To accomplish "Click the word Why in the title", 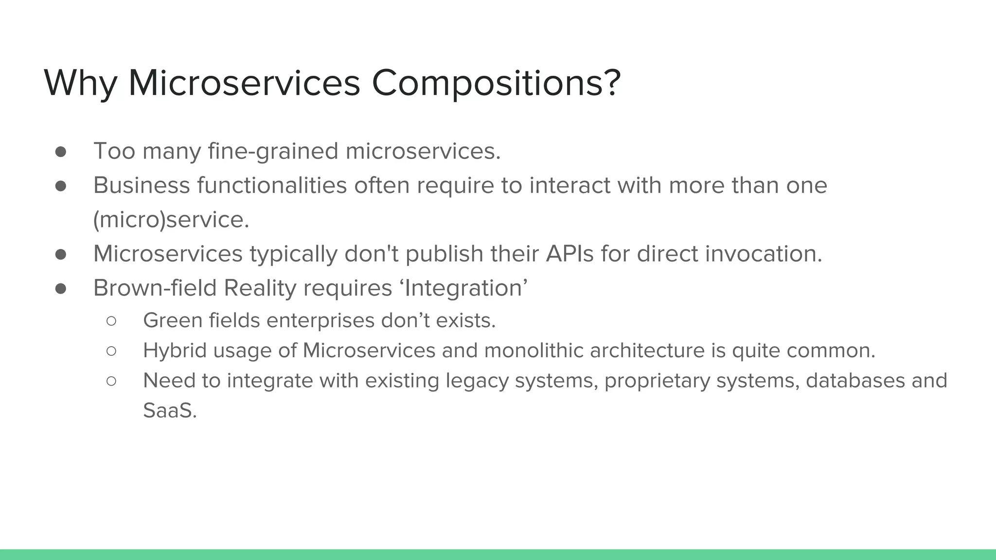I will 80,84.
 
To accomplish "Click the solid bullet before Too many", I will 61,152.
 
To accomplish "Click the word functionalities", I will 272,186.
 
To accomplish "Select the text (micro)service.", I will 171,220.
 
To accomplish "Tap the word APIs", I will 569,254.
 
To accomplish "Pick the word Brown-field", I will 155,288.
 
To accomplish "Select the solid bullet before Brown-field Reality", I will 61,289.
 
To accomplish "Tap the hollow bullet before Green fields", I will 111,321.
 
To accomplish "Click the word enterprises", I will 320,321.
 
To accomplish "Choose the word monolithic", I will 534,350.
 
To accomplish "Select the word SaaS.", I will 170,411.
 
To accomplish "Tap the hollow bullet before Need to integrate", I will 111,381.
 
